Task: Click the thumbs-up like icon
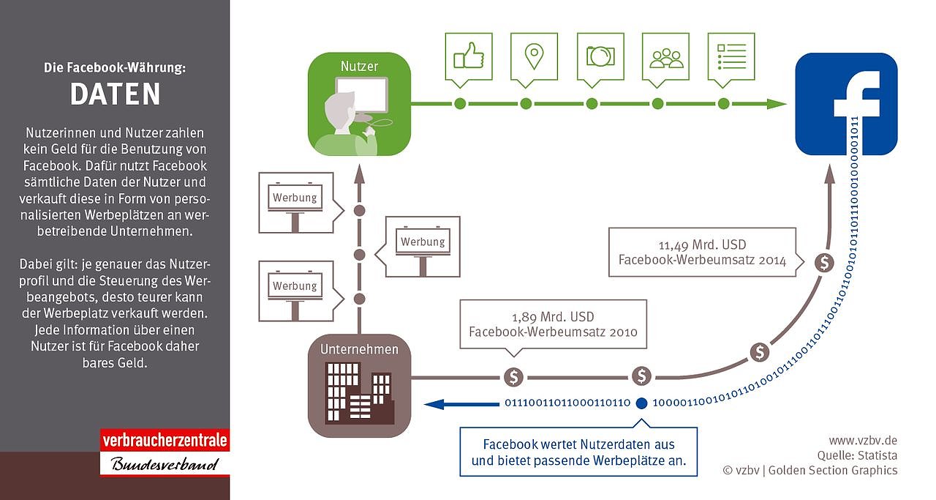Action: point(469,56)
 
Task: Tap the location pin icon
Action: point(535,56)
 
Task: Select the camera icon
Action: point(600,56)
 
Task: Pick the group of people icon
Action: point(665,56)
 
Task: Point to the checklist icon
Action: point(731,56)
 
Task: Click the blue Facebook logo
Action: point(846,104)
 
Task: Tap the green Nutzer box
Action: point(359,104)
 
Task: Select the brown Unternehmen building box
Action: point(359,385)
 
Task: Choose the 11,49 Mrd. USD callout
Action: point(702,253)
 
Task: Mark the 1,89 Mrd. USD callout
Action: point(553,324)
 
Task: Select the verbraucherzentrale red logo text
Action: point(165,441)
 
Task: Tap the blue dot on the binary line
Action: point(641,402)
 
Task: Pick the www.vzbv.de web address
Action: point(862,441)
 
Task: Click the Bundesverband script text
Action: point(165,464)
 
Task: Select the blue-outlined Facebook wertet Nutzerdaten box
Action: point(578,452)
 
